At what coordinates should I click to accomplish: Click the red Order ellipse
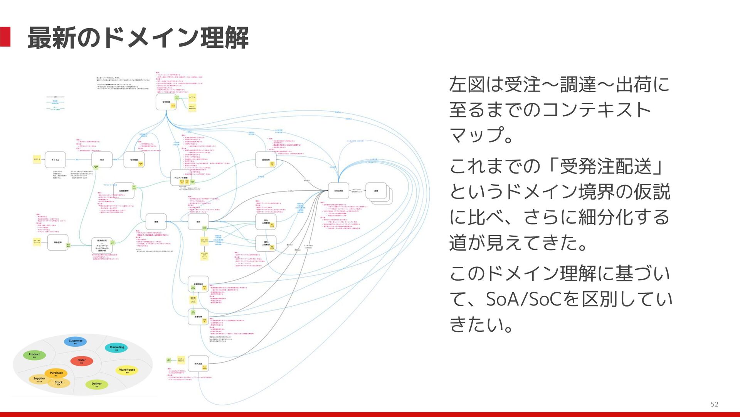coord(81,361)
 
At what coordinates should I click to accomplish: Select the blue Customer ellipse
coord(75,341)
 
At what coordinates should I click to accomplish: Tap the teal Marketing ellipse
coord(116,348)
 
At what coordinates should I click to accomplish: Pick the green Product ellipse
coord(34,355)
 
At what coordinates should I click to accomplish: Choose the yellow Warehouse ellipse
coord(127,370)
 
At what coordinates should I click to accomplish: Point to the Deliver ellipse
coord(96,384)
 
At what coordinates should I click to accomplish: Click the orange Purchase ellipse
coord(56,373)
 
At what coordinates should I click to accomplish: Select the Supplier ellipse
coord(39,379)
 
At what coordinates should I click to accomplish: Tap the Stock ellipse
coord(59,383)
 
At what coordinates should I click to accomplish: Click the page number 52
coord(714,404)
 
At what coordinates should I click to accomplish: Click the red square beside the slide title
coord(5,37)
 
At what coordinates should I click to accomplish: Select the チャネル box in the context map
coord(55,159)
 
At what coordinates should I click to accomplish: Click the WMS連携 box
coord(338,191)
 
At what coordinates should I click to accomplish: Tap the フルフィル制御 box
coord(180,178)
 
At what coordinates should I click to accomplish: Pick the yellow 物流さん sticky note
coord(193,300)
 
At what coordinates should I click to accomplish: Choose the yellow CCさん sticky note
coord(192,97)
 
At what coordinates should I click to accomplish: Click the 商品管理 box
coord(57,242)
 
